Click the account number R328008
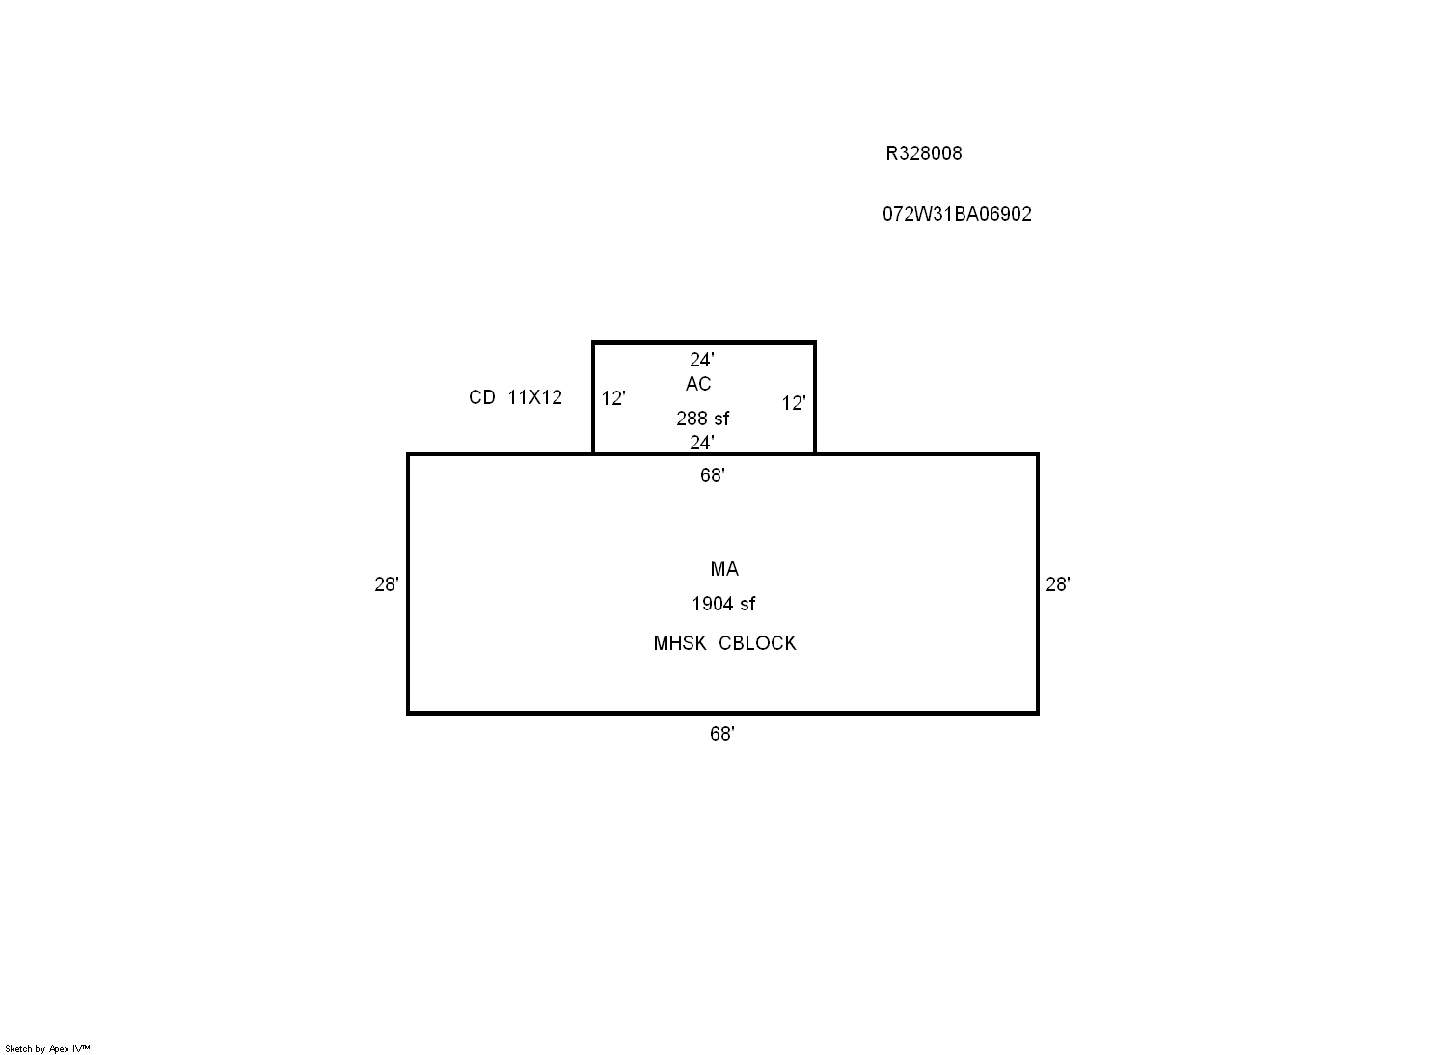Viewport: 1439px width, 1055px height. pos(923,153)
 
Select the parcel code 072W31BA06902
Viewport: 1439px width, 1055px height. pos(957,214)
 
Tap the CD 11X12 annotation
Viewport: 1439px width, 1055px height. pos(515,397)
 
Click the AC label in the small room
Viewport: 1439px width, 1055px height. pos(698,384)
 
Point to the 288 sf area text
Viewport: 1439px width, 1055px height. pos(702,419)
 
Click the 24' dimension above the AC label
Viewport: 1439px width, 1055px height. pos(701,359)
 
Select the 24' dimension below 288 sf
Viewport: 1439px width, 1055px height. pos(701,443)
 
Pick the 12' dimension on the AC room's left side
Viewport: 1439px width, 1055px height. pos(612,398)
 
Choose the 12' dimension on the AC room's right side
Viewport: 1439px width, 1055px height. pos(794,403)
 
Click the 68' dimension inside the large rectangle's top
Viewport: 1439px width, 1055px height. pos(713,474)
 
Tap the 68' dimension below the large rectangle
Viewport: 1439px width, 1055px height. pos(722,734)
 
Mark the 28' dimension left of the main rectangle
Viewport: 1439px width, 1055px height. pos(387,584)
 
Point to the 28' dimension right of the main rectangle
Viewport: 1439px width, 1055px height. pos(1058,584)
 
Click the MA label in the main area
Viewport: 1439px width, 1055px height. pos(724,569)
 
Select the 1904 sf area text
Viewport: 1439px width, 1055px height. pos(723,604)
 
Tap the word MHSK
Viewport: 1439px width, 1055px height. pos(680,643)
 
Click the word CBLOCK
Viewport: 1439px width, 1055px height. pos(757,643)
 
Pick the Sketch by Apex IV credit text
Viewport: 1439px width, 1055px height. pos(47,1048)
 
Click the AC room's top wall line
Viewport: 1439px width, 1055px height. pos(704,343)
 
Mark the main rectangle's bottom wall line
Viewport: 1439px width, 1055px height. pos(722,713)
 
